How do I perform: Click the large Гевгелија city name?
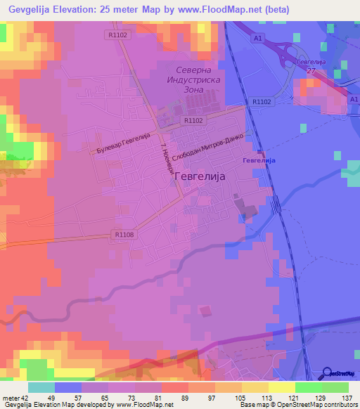[x=198, y=177]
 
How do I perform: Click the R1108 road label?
[x=122, y=234]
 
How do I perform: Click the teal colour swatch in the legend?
[x=41, y=387]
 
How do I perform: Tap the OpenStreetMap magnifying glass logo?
[x=328, y=372]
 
